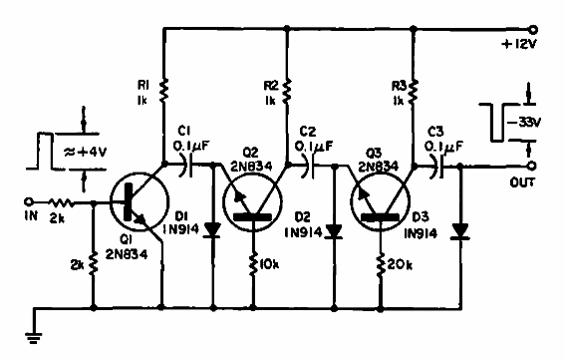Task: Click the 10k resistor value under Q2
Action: pyautogui.click(x=272, y=267)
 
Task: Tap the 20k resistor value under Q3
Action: pyautogui.click(x=402, y=267)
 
